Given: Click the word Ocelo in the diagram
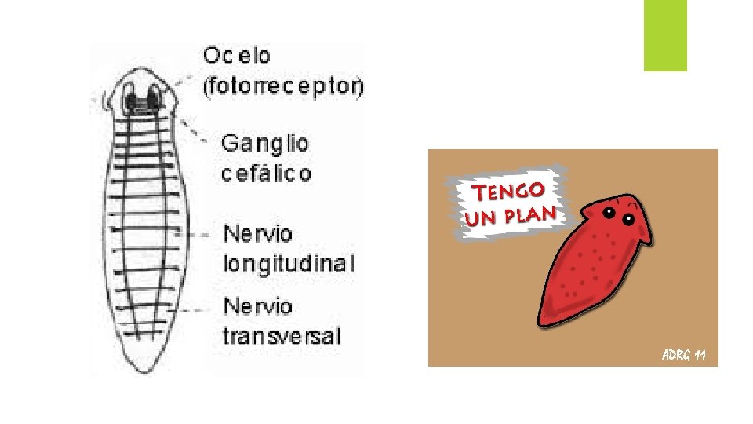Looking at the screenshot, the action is click(237, 56).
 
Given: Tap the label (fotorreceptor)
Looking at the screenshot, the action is click(283, 87).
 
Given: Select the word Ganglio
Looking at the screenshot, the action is click(265, 144).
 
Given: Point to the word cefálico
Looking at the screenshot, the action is click(266, 173).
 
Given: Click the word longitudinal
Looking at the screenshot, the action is click(289, 263).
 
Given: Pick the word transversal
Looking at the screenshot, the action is click(282, 337).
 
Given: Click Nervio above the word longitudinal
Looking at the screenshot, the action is click(258, 234).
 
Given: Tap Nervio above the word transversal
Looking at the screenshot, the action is click(258, 307).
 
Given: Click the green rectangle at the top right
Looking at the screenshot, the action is click(665, 35).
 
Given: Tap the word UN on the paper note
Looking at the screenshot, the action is click(481, 218).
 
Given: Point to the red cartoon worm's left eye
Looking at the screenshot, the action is click(609, 213).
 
